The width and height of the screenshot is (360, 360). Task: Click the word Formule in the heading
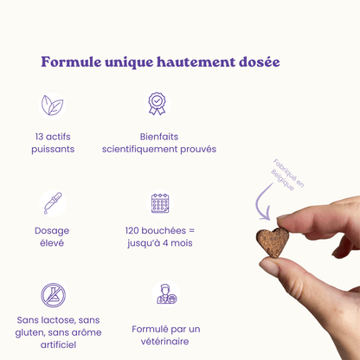click(x=71, y=61)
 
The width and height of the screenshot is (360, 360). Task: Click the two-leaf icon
click(x=52, y=106)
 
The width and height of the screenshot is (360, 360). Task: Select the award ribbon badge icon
click(x=157, y=103)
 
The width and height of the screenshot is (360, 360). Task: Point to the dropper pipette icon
click(x=53, y=203)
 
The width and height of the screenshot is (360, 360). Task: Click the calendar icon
click(x=160, y=203)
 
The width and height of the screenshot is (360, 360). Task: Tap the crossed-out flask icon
click(x=53, y=295)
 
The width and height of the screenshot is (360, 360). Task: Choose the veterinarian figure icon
click(x=166, y=294)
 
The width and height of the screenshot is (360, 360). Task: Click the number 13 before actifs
click(x=39, y=137)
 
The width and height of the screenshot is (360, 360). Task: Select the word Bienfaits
click(x=159, y=137)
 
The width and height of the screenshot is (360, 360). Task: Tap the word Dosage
click(x=52, y=231)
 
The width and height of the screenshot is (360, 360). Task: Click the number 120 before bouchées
click(x=132, y=230)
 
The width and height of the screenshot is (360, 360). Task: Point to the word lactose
click(x=59, y=320)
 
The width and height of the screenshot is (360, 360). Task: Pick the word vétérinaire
click(x=164, y=341)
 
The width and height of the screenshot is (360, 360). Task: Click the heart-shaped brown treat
click(x=273, y=242)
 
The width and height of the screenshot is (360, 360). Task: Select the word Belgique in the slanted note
click(x=283, y=180)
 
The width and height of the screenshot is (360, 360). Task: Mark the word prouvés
click(x=198, y=149)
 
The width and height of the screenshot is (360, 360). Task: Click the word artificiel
click(x=58, y=344)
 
